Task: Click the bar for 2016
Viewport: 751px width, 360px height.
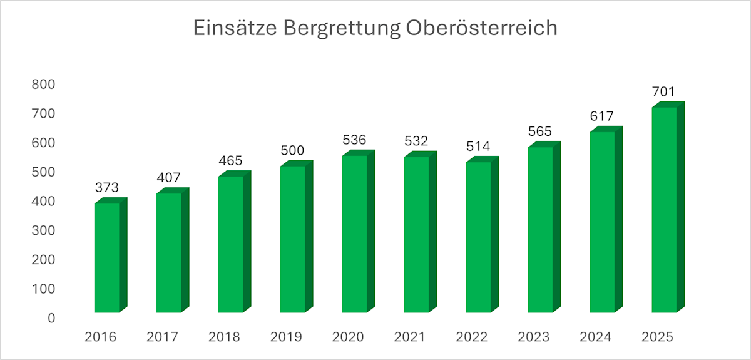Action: pos(107,257)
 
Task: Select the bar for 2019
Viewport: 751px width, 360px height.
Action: pos(293,239)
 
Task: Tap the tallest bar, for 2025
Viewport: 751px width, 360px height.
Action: pos(664,209)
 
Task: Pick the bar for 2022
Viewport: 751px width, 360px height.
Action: pos(478,237)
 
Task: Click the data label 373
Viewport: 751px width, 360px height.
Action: pos(107,187)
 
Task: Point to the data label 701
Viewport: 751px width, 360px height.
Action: pos(664,91)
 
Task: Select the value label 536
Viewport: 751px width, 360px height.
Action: pos(354,139)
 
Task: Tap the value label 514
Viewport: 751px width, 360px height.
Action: pos(478,147)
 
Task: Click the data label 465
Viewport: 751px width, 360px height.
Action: pos(230,160)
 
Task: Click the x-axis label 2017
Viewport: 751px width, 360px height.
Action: pos(162,337)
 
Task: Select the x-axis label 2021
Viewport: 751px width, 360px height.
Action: pos(410,337)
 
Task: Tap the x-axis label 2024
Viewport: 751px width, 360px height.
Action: pos(595,337)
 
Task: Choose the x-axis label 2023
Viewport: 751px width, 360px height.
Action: pos(533,337)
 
